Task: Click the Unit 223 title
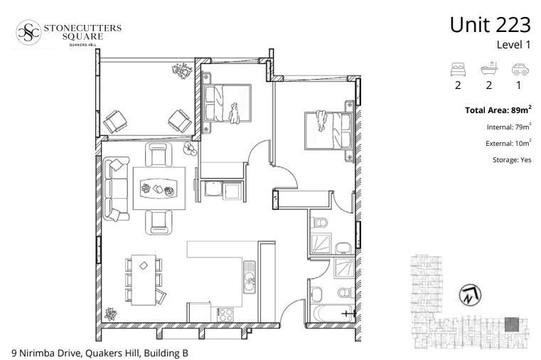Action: coord(490,25)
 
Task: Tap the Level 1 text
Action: coord(513,45)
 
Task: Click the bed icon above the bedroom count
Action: coord(459,69)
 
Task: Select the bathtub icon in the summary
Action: coord(489,68)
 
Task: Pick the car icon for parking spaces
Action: coord(520,69)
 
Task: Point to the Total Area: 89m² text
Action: coord(498,110)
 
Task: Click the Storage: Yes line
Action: coord(512,160)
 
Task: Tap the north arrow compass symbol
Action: coord(470,295)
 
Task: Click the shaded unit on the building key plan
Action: coord(512,324)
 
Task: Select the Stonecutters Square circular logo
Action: coord(28,32)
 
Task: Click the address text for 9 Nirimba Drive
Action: coord(100,353)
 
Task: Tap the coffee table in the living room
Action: coord(159,189)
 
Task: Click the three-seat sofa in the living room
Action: coord(116,189)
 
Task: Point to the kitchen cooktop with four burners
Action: coord(225,314)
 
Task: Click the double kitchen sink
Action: coord(250,277)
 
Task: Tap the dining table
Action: coord(144,280)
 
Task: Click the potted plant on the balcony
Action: coord(182,70)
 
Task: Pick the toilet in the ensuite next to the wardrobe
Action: coord(318,223)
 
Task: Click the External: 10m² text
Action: coord(508,143)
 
